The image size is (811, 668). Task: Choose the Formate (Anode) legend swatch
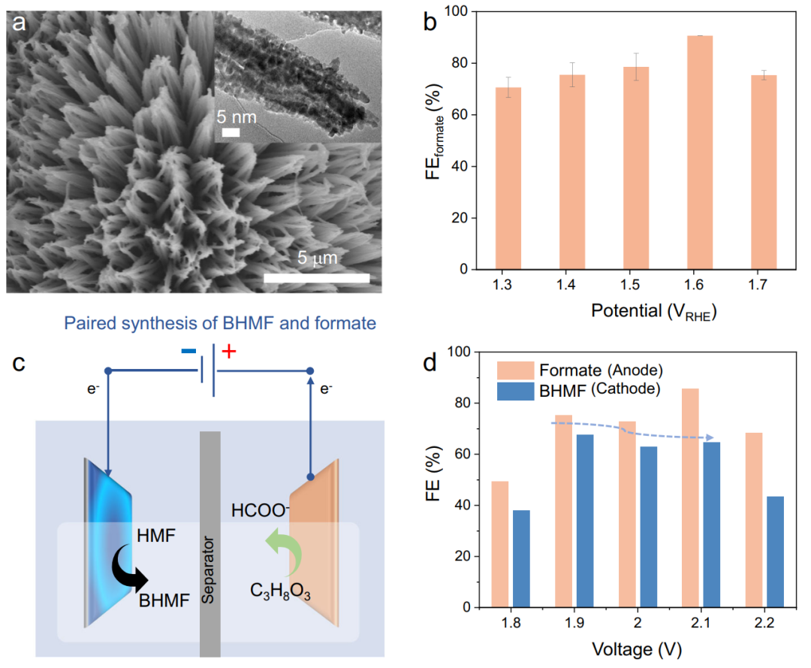coord(514,370)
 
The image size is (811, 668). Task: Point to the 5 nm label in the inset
coord(238,118)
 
